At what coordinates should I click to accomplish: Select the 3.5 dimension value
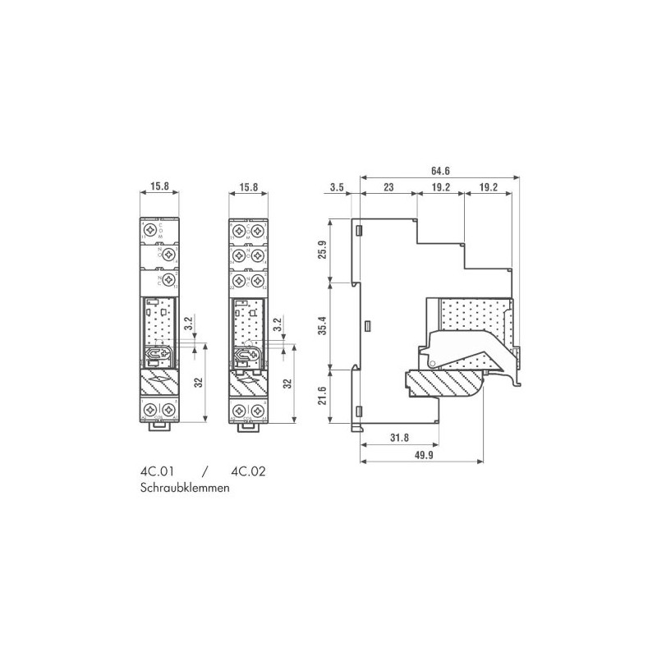point(335,188)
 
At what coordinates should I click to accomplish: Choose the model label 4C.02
point(247,472)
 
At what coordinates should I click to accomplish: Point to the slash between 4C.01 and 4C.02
point(204,472)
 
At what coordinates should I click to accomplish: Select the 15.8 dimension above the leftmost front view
point(159,187)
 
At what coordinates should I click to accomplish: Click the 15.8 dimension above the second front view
point(247,187)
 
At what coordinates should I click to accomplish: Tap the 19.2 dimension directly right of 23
point(440,188)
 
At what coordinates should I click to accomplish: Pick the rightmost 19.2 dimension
point(488,188)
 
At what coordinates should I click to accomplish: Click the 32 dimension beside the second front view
point(287,384)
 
